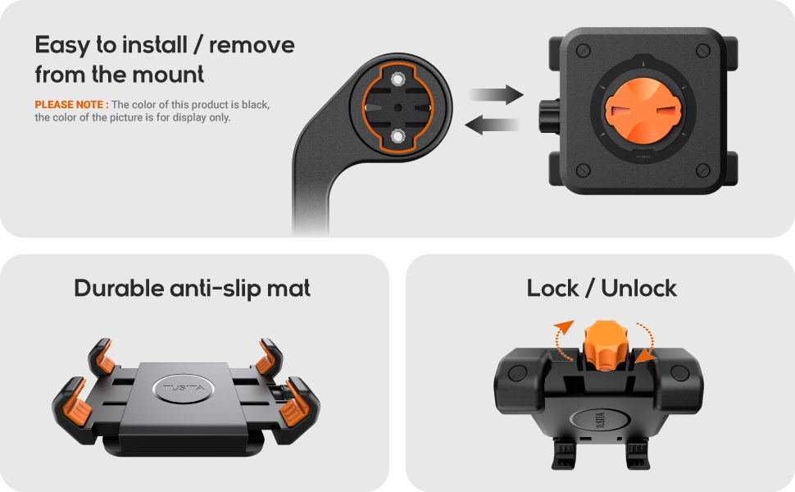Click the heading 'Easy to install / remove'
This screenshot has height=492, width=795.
[164, 45]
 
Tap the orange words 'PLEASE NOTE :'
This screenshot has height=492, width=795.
[71, 105]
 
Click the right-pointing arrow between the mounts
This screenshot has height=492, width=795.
[497, 94]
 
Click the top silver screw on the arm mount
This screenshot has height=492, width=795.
[397, 80]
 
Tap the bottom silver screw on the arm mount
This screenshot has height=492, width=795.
[397, 134]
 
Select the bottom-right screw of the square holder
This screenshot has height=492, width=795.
[702, 170]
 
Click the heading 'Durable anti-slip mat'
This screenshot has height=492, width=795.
[193, 289]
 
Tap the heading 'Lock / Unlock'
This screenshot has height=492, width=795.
[602, 289]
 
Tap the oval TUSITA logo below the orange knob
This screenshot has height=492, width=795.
[600, 417]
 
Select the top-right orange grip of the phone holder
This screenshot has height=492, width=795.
[266, 358]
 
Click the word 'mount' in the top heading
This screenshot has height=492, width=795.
[168, 75]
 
